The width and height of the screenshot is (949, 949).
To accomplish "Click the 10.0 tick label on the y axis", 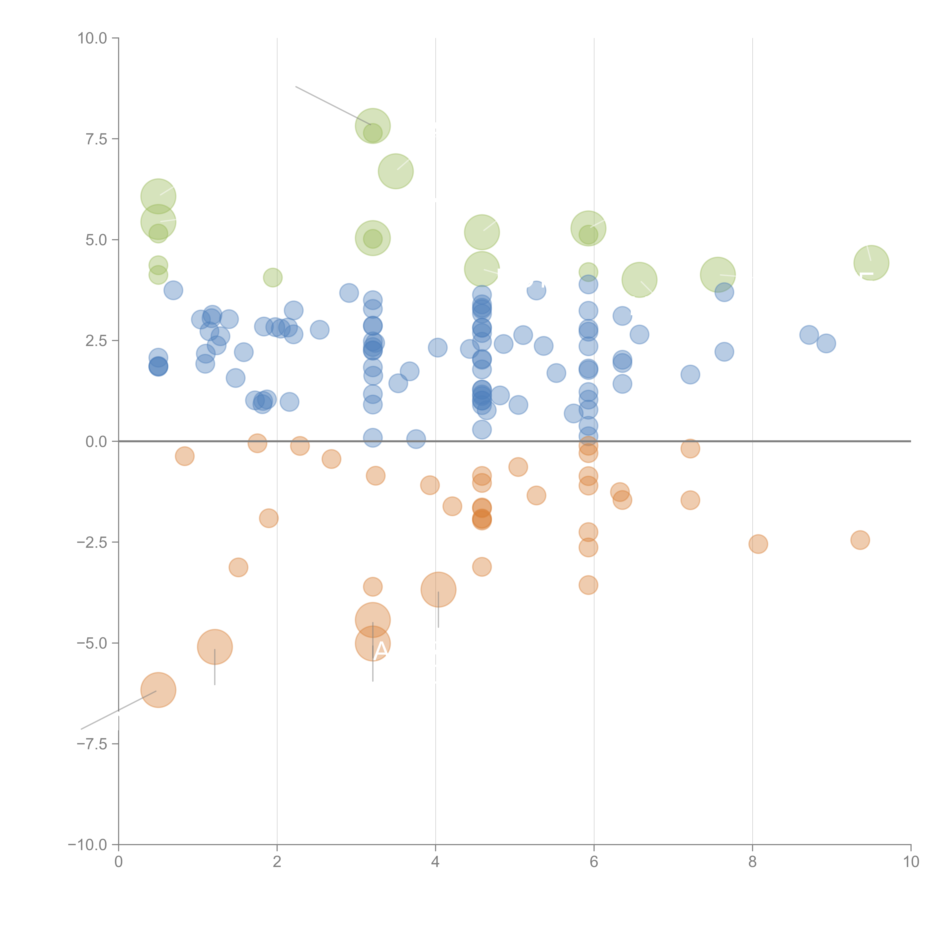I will click(x=92, y=38).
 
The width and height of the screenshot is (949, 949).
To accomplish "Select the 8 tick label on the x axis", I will click(x=753, y=862).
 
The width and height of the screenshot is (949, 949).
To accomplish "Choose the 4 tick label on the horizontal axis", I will click(x=436, y=862).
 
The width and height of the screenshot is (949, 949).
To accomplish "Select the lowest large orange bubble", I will click(x=158, y=690).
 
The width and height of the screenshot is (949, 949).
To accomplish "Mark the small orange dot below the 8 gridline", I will click(x=758, y=544).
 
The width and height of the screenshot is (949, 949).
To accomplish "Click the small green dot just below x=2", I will click(x=273, y=277).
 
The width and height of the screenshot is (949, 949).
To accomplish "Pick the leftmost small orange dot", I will click(x=185, y=456).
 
